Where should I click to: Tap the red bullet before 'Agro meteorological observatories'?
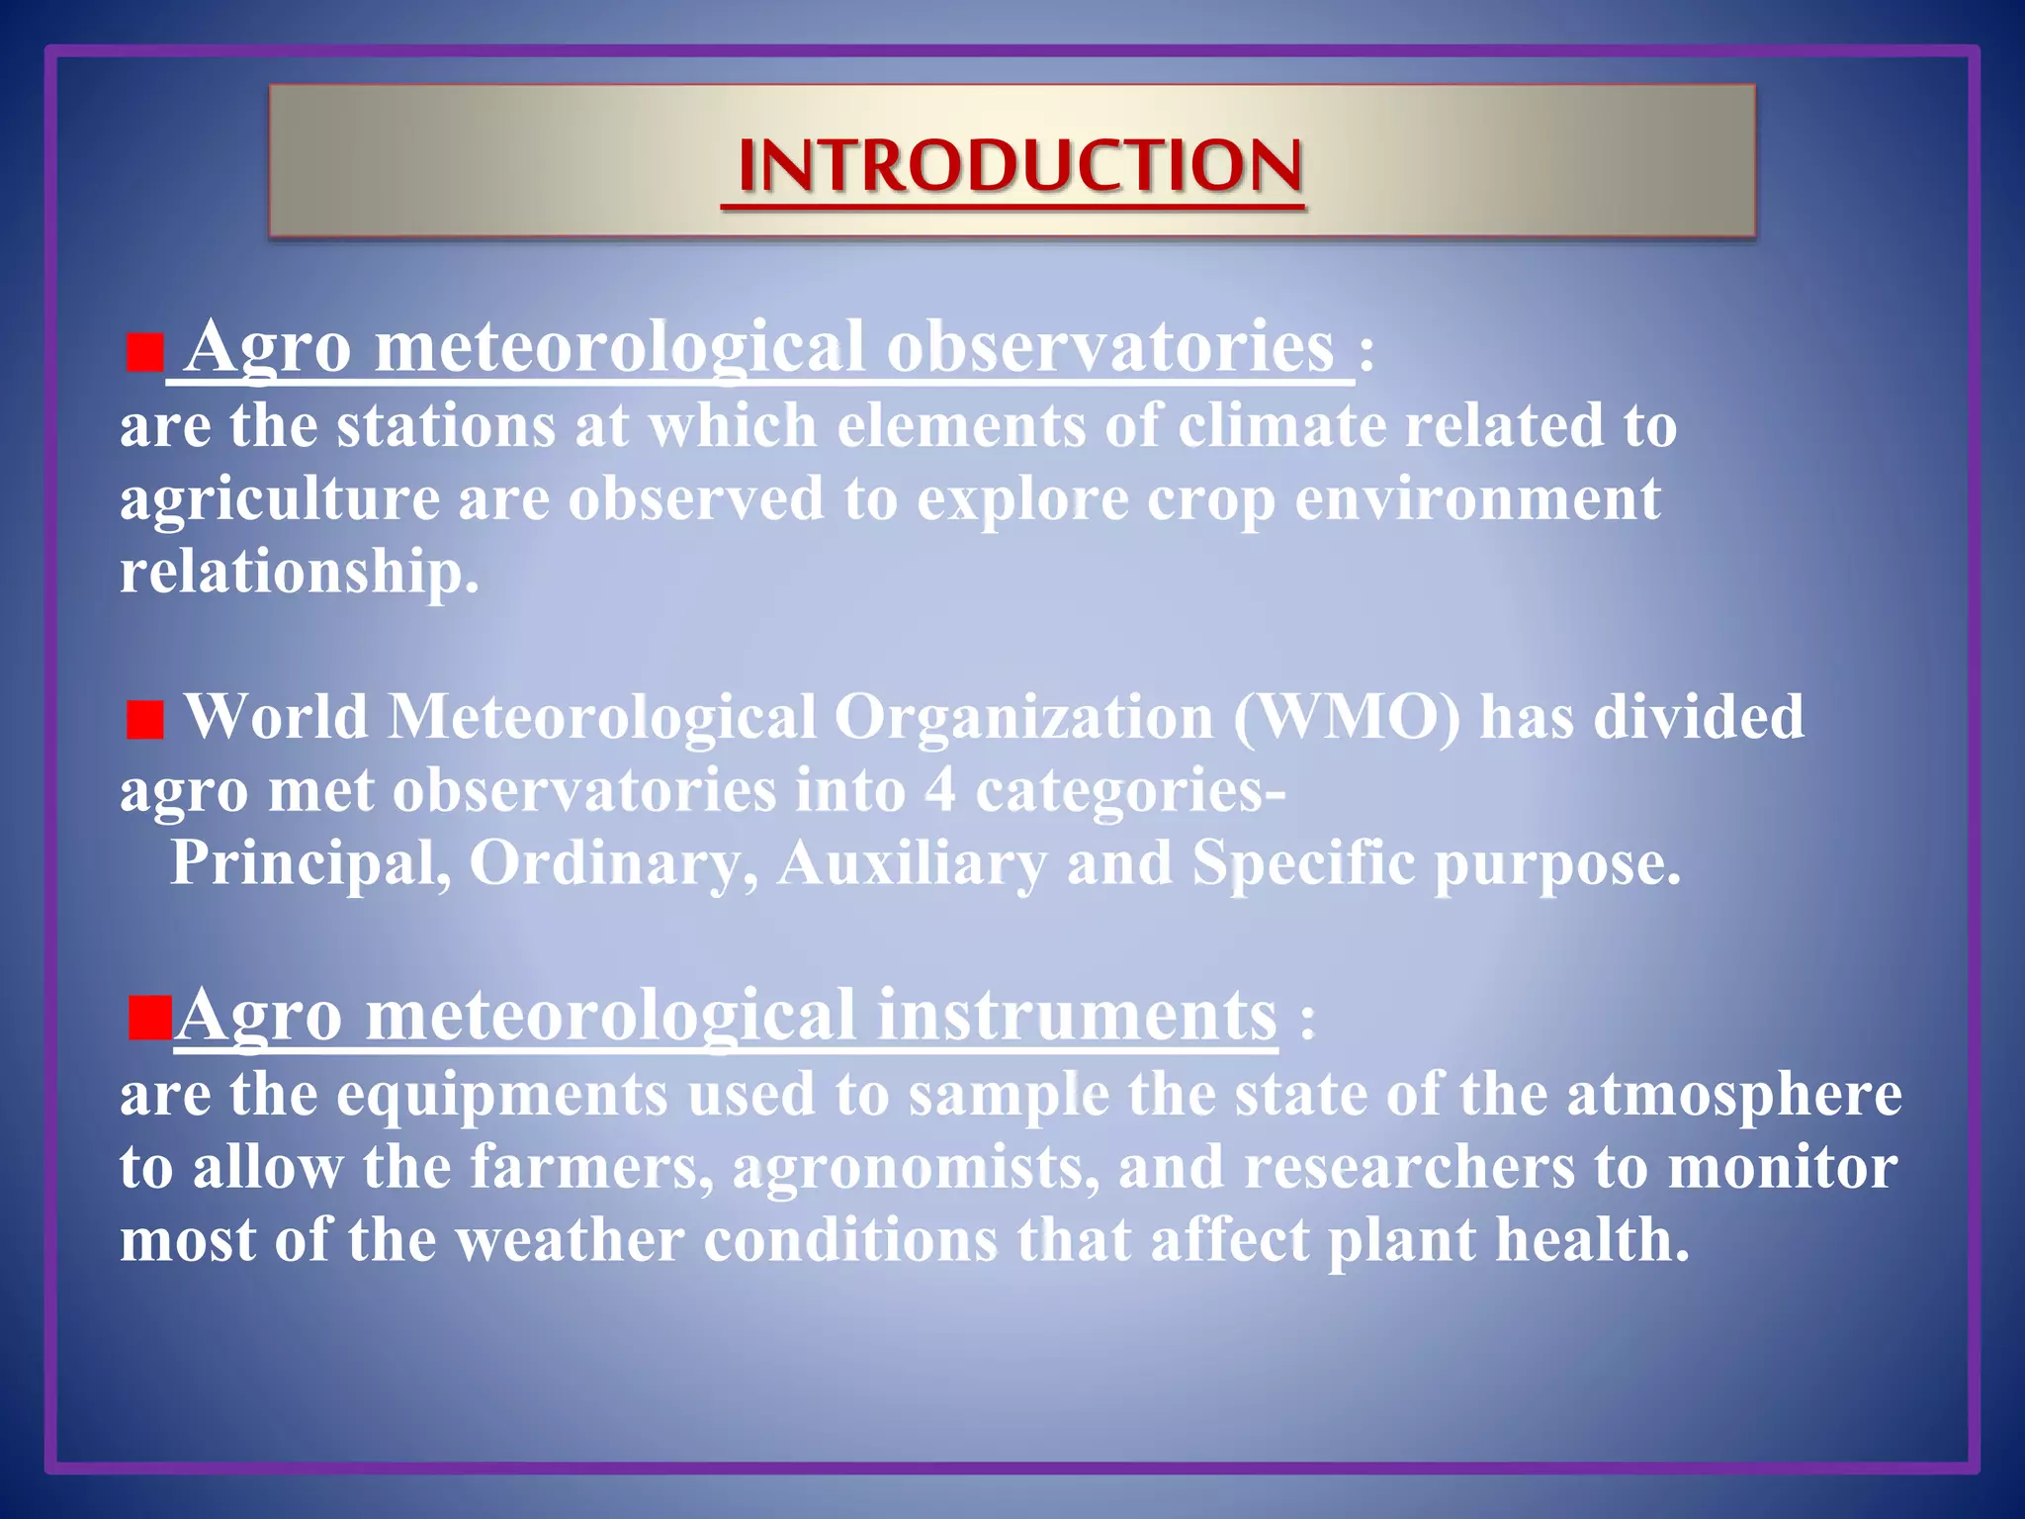(144, 353)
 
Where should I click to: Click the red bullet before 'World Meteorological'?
(144, 720)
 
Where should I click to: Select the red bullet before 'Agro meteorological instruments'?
(149, 1020)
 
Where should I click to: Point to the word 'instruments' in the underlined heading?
(1077, 1016)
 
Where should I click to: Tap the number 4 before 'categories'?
(940, 790)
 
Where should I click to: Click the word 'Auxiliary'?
(911, 863)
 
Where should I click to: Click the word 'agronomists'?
(916, 1167)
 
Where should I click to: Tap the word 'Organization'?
(1023, 716)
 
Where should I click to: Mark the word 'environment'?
(1477, 498)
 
